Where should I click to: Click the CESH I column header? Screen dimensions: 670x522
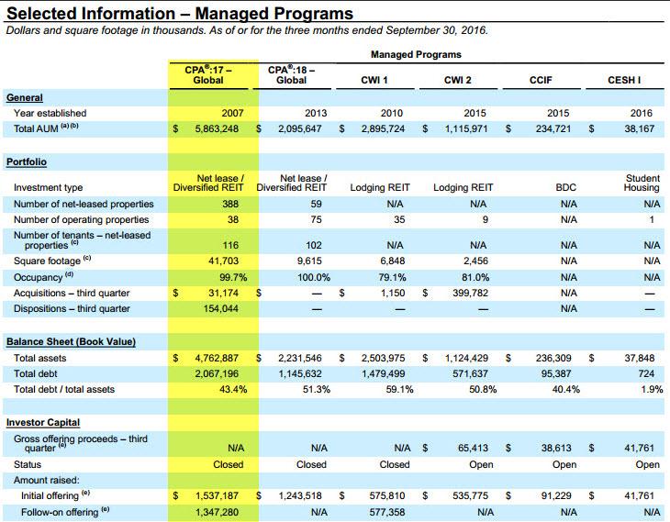[x=624, y=80]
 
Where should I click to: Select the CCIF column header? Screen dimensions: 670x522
[x=541, y=80]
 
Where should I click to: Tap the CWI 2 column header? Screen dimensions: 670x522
[x=457, y=80]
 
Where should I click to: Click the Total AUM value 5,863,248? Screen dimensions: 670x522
[x=217, y=128]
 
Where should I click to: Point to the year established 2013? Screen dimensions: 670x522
[x=316, y=113]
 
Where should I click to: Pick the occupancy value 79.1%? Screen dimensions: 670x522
[x=392, y=277]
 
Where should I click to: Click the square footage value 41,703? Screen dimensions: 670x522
[x=223, y=261]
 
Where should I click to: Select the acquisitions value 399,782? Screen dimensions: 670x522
[x=470, y=293]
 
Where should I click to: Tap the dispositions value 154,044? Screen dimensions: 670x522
[x=221, y=308]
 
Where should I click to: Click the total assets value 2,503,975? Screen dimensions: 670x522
[x=383, y=358]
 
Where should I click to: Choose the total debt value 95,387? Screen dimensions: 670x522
[x=555, y=373]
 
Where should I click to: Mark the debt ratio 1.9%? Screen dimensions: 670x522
[x=652, y=389]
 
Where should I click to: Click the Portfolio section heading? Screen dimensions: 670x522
[x=27, y=161]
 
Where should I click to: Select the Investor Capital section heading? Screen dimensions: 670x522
[x=43, y=423]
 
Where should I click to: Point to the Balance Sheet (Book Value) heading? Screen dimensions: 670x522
[x=71, y=342]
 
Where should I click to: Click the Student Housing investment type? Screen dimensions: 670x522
[x=642, y=183]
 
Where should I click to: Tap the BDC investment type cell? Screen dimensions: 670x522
[x=565, y=187]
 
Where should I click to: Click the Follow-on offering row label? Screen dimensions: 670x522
[x=60, y=512]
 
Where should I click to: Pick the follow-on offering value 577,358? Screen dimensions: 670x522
[x=387, y=512]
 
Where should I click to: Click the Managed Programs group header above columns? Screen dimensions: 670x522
[x=416, y=55]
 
